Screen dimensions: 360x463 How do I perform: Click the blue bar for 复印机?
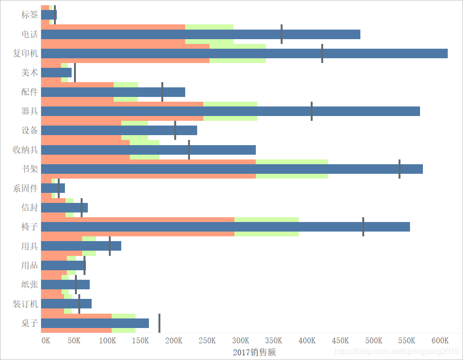tap(244, 53)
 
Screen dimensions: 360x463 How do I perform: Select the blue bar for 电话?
tap(200, 34)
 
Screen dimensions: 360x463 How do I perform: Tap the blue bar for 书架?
tap(232, 169)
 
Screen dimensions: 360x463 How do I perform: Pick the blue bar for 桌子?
tap(95, 323)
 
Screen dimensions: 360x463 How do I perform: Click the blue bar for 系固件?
tap(53, 188)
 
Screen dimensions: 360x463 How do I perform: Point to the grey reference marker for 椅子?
tap(363, 227)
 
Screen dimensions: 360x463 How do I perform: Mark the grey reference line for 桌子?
tap(159, 323)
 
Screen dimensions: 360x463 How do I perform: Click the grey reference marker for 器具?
tap(312, 111)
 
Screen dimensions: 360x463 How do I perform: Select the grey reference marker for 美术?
tap(75, 73)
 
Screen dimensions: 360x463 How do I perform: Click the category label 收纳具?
tap(25, 150)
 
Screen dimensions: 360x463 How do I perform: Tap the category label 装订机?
tap(25, 304)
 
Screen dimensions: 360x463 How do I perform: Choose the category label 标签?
tap(30, 15)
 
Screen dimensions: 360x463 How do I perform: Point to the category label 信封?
tap(30, 208)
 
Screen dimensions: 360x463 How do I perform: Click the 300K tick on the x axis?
tap(241, 341)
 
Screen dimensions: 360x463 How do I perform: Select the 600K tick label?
tap(440, 341)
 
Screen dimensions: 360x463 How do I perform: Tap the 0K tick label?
tap(46, 341)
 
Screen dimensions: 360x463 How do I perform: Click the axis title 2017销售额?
tap(254, 352)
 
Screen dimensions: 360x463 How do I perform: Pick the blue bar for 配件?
tap(113, 92)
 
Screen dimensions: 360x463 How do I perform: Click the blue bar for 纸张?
tap(65, 285)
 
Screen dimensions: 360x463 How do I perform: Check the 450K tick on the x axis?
tap(340, 341)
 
